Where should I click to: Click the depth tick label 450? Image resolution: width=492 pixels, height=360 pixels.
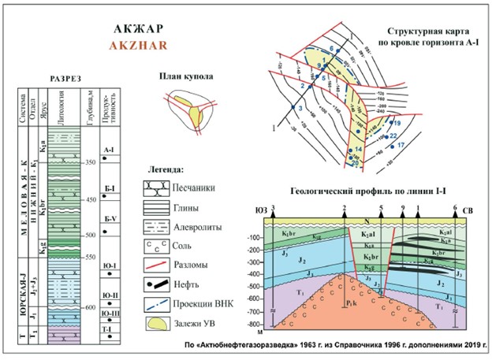click(x=91, y=200)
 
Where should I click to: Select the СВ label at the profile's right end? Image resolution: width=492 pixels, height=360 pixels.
click(x=471, y=211)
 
